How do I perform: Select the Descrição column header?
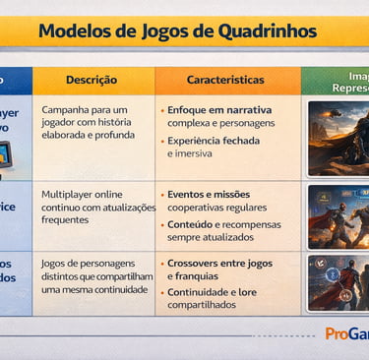pos(92,80)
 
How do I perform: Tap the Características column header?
pos(225,80)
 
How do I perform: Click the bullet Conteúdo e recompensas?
pos(224,224)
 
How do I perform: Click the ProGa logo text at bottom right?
pos(346,333)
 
